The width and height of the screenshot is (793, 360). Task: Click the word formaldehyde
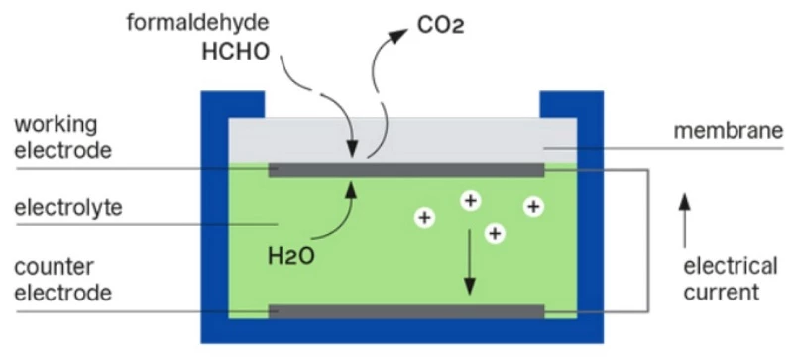click(197, 23)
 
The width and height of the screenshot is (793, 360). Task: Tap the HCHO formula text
click(236, 52)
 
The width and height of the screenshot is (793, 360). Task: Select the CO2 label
click(440, 26)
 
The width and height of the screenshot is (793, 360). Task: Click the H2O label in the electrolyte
click(290, 256)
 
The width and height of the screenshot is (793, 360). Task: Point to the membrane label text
click(729, 131)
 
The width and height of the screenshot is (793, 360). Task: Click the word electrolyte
click(68, 207)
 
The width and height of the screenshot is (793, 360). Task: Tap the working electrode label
click(62, 137)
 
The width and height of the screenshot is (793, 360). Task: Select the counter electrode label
click(62, 280)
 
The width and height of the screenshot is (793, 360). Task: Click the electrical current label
click(731, 279)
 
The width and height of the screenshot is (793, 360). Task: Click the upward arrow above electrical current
click(685, 221)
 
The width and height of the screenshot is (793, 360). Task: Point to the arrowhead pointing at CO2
click(398, 36)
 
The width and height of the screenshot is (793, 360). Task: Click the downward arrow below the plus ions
click(470, 262)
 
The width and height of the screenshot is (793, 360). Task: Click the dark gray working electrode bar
click(406, 170)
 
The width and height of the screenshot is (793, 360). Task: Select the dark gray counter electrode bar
click(406, 311)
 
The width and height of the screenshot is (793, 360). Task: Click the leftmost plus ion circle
click(425, 218)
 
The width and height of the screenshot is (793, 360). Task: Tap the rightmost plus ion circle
click(533, 206)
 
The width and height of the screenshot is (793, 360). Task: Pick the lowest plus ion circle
click(495, 233)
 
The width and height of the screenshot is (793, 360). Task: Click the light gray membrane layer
click(402, 140)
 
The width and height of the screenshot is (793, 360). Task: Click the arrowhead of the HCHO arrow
click(353, 150)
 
